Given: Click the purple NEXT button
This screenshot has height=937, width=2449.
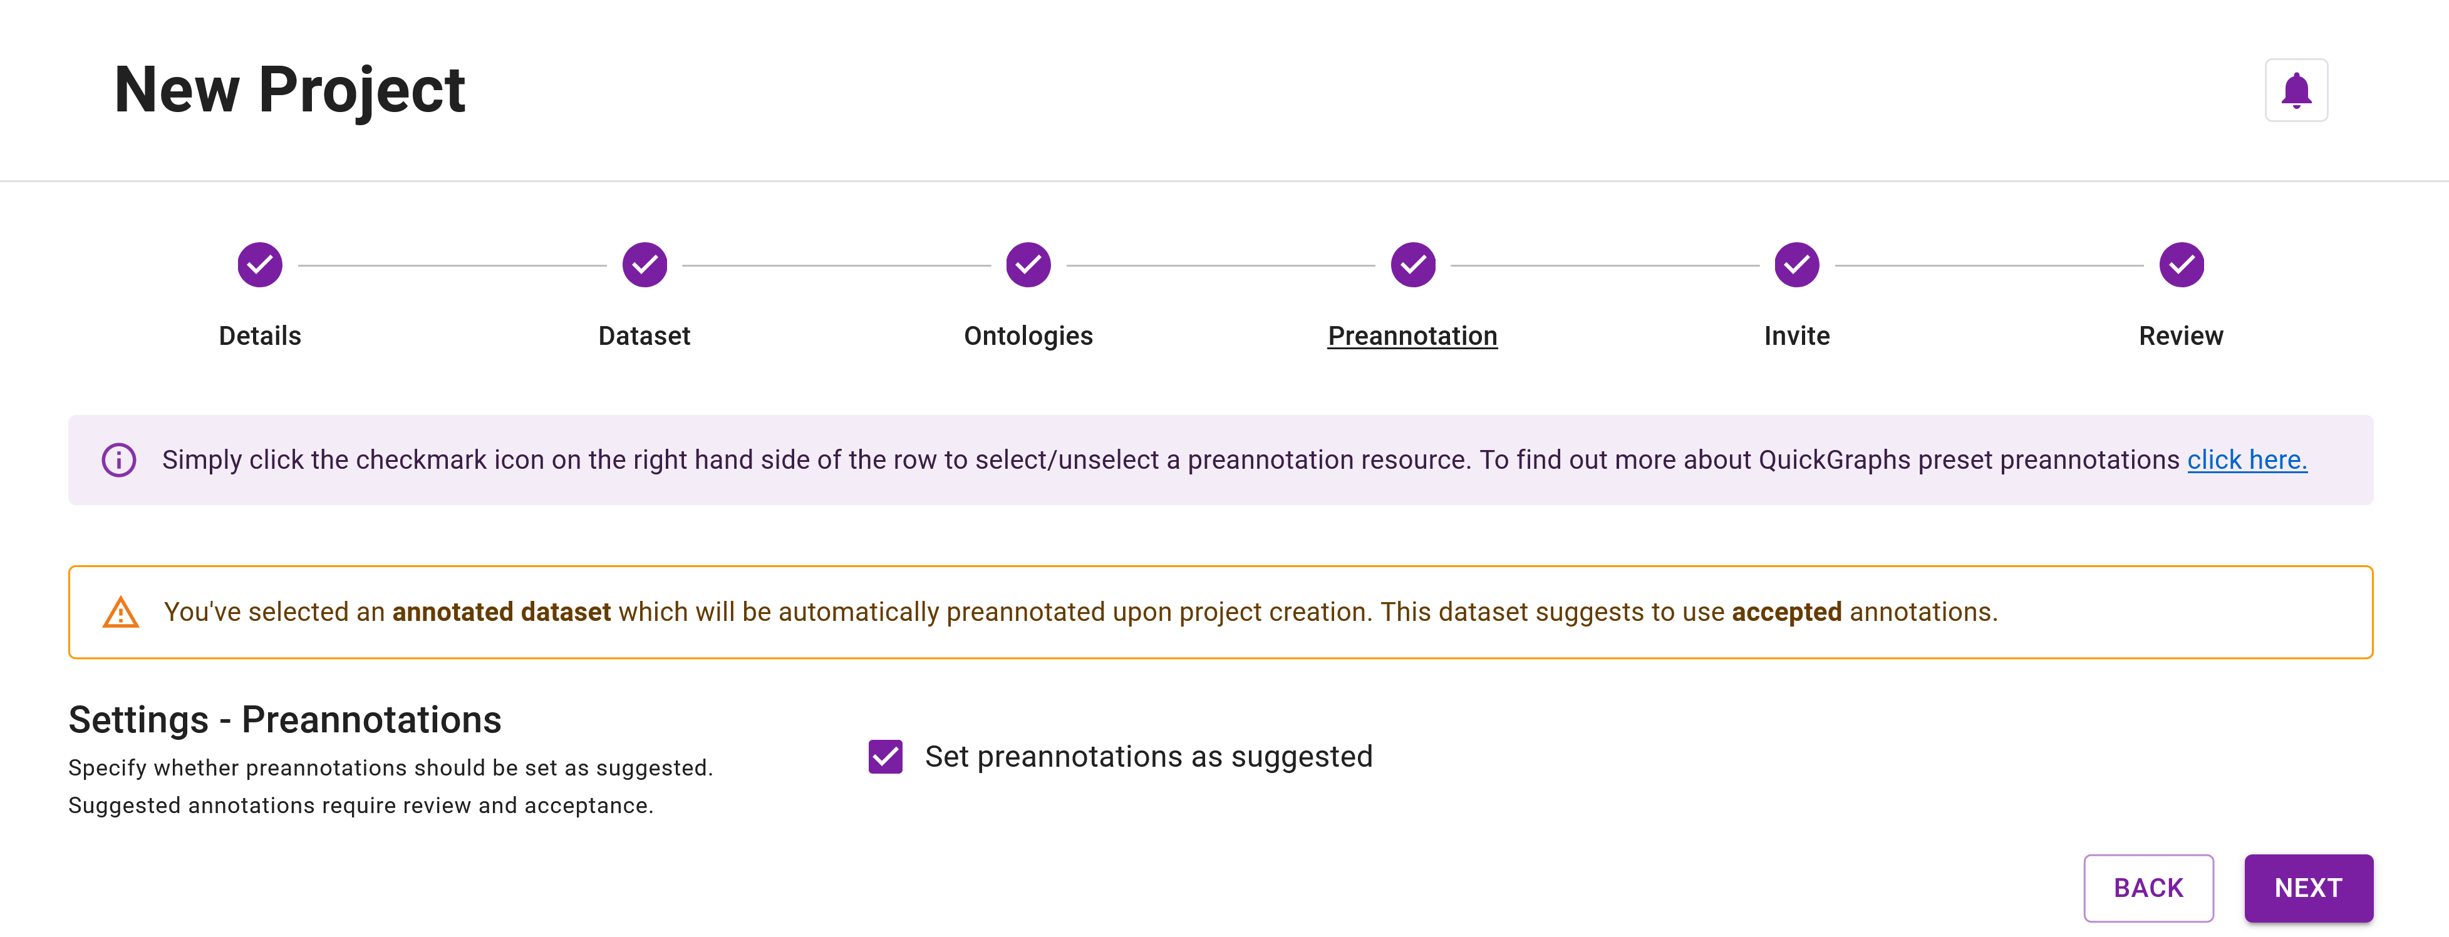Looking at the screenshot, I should [x=2307, y=888].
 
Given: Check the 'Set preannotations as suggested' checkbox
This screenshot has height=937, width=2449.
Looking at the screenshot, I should [x=885, y=757].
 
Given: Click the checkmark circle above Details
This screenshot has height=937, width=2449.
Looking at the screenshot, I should [x=259, y=265].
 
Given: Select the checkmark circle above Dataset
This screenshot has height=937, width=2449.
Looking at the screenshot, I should [x=645, y=265].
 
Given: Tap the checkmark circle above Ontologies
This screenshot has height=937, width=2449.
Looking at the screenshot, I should [x=1028, y=265].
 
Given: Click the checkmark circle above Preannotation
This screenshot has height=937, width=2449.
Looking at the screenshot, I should [x=1413, y=265].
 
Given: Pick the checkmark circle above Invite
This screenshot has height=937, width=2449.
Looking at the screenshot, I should [x=1797, y=265].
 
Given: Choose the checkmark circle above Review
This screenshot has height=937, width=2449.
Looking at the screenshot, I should [x=2181, y=265].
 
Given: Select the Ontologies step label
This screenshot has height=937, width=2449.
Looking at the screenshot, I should [x=1028, y=335].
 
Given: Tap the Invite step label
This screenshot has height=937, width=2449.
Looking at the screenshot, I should [x=1797, y=335].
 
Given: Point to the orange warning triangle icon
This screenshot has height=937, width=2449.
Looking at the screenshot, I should [x=121, y=613].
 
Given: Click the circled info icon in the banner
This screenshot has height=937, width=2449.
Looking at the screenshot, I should [x=119, y=460].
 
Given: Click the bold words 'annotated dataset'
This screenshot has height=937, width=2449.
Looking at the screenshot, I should [x=501, y=612].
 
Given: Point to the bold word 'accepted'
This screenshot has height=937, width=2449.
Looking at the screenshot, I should [x=1786, y=612].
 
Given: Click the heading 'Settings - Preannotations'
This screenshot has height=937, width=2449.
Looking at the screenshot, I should [x=284, y=719].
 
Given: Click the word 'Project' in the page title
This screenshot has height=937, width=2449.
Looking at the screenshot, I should [x=361, y=90].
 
